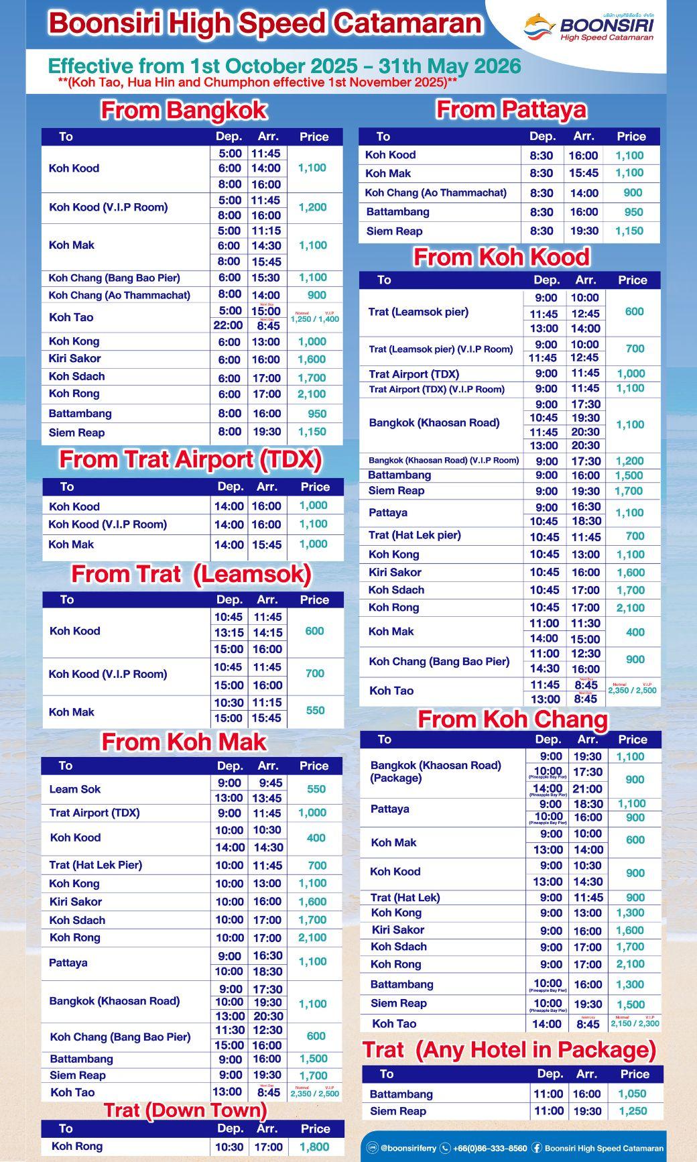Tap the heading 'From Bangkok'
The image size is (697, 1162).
click(184, 110)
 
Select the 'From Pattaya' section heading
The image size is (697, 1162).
click(511, 109)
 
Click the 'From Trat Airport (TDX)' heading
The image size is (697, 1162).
click(191, 460)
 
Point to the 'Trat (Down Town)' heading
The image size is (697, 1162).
click(185, 1110)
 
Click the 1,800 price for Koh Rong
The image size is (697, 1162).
click(314, 1147)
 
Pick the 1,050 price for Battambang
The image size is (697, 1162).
click(632, 1094)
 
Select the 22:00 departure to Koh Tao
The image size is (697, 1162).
click(228, 325)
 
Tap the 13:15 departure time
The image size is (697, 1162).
click(229, 632)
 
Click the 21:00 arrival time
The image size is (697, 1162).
click(587, 789)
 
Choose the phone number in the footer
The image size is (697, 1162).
click(489, 1148)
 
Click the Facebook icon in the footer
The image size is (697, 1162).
click(537, 1148)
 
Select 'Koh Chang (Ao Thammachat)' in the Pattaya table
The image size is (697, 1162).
click(436, 193)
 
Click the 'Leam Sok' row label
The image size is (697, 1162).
click(75, 789)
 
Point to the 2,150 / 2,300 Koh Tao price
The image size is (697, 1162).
click(635, 1024)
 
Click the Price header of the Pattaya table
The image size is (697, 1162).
click(631, 136)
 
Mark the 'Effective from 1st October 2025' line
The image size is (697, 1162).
click(284, 66)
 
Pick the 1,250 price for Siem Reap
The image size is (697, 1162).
click(633, 1111)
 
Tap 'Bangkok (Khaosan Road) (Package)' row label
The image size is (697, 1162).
click(436, 772)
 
